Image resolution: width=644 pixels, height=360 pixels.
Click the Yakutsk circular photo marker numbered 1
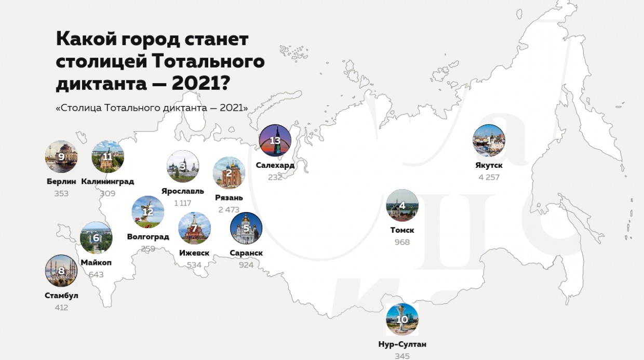[489, 141]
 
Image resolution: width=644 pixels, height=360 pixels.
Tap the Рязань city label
[229, 197]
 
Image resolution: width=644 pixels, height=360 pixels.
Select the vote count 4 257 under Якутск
[489, 177]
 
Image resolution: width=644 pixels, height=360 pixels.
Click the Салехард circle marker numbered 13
[275, 141]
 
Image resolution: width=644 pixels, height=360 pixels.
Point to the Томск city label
[402, 230]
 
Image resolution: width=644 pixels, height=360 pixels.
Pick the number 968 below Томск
[402, 242]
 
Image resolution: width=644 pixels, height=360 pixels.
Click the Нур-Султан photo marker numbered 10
[402, 319]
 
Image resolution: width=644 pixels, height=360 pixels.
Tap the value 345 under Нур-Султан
[402, 356]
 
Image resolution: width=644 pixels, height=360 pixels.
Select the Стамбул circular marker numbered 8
[61, 271]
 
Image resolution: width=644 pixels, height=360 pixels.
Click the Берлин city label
[61, 181]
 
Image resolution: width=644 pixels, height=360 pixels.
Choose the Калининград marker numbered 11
[108, 156]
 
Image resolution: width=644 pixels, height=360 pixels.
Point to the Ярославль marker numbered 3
[183, 167]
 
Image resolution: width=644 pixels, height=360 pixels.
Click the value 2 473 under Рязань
[229, 209]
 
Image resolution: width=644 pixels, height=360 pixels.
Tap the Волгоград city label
[148, 237]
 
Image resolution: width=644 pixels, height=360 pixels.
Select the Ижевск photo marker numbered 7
[194, 228]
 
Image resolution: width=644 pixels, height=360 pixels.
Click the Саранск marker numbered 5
[246, 228]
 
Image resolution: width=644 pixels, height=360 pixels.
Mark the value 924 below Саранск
[246, 265]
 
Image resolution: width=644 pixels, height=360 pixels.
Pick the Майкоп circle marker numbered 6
[96, 238]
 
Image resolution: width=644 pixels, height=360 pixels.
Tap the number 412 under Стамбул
[61, 308]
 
